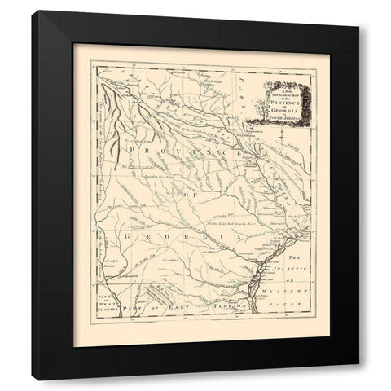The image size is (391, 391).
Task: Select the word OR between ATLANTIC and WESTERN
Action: [x=297, y=279]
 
